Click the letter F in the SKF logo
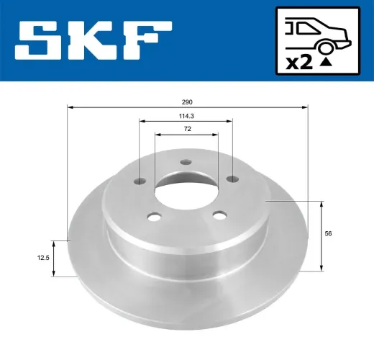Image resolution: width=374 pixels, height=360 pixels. (147, 40)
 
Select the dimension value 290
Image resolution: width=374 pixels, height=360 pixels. (188, 102)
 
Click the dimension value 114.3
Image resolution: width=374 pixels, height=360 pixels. (188, 115)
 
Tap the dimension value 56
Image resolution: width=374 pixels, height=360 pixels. (328, 233)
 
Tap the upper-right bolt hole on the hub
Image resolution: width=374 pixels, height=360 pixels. (231, 180)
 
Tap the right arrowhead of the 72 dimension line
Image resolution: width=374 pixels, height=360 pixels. (217, 134)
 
